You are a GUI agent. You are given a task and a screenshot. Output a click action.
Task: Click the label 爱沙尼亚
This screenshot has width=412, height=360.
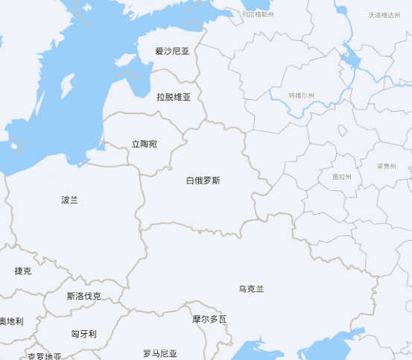coord(172,51)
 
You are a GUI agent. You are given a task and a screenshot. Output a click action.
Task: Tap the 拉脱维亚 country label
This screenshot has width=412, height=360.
coord(174,97)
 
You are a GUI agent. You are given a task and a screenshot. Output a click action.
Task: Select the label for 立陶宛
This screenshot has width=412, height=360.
coord(144,143)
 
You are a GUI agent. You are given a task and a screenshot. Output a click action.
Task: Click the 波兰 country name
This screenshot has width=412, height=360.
coord(69,200)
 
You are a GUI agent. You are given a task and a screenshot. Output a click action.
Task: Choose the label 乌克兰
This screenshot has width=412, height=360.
coord(251,288)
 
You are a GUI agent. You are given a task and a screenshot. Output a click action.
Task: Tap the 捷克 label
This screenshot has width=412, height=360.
coord(23,271)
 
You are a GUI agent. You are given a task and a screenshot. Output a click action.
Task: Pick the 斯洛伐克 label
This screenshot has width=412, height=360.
coord(83,296)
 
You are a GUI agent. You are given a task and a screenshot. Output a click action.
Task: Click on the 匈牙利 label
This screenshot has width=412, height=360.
coord(83,334)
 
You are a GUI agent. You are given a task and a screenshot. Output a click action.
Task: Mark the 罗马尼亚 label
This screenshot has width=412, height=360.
coord(160,353)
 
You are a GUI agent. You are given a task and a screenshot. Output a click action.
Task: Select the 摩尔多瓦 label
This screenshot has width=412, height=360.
coord(209,319)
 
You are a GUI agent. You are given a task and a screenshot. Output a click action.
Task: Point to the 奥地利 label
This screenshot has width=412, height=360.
coord(10,321)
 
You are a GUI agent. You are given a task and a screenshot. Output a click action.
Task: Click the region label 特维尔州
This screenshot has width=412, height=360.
coord(302,95)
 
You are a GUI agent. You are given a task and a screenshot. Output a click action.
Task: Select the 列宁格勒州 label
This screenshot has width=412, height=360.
coord(259,14)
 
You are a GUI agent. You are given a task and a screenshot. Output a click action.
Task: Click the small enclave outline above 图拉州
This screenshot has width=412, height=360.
coord(342,131)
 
